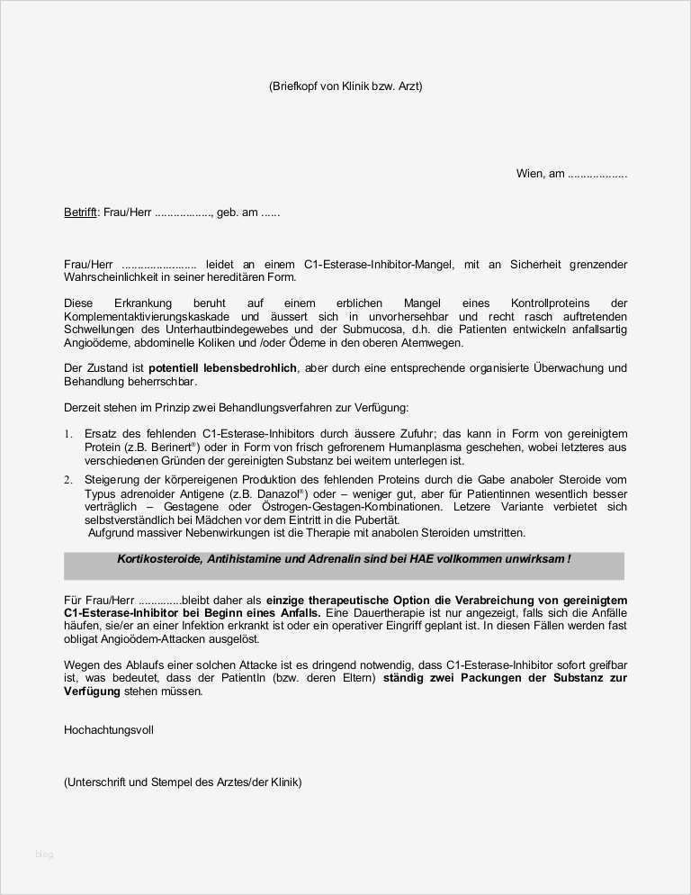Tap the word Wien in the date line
529,174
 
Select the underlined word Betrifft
80,213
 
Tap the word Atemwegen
436,343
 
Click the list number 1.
67,435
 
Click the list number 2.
67,481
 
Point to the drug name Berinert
149,447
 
